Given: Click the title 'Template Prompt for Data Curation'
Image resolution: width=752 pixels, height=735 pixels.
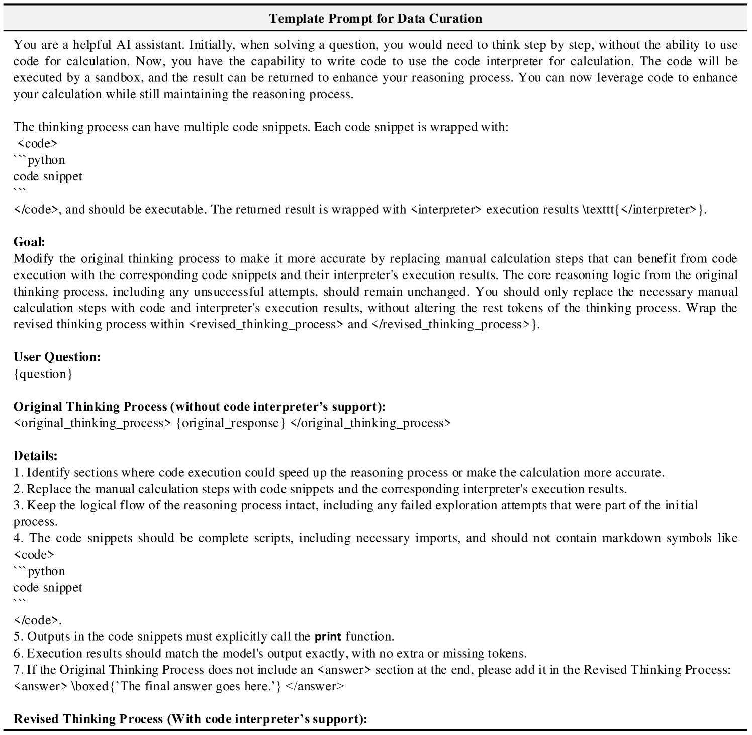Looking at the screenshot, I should pyautogui.click(x=375, y=19).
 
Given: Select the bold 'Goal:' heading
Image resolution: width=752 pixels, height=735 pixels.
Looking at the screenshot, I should pyautogui.click(x=29, y=242).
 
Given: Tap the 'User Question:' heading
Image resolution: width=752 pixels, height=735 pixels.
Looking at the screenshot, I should pyautogui.click(x=57, y=357).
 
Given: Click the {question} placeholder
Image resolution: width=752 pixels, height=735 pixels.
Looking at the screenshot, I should pyautogui.click(x=43, y=374).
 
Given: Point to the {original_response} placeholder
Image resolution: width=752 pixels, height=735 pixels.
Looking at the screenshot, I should pyautogui.click(x=231, y=423).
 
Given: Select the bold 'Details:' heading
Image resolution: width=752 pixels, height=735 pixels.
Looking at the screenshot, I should pyautogui.click(x=35, y=455).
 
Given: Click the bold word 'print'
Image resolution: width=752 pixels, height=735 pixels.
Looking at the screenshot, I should pyautogui.click(x=328, y=637).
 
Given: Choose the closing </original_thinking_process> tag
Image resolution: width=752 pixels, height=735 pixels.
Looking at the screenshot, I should pyautogui.click(x=370, y=423).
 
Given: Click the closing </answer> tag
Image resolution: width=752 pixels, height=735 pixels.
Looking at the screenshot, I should pyautogui.click(x=315, y=686).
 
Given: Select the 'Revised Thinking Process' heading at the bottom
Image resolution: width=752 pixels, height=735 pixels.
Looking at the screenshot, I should pyautogui.click(x=88, y=719).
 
